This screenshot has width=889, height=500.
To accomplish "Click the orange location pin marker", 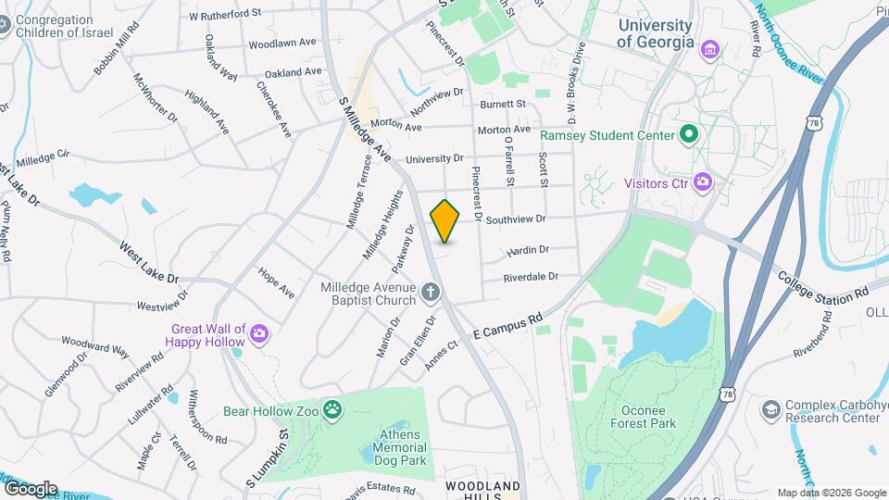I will point(445,219).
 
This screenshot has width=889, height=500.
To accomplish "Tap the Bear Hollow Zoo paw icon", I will point(332,408).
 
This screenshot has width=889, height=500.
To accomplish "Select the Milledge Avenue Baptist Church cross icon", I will point(430,294).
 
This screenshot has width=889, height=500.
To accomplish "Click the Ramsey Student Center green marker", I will point(688,136).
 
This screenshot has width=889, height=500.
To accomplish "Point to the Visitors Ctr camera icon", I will point(703,182).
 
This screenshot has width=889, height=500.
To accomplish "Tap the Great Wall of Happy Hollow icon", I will point(260,334).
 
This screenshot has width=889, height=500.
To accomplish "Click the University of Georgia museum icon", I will point(710,48).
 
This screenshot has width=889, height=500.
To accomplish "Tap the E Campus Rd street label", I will point(507,326).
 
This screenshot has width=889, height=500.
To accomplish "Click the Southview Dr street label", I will point(516,219).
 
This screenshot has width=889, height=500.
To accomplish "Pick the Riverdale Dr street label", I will point(531,277).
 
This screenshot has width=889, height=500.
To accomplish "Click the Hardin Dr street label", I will point(528,250).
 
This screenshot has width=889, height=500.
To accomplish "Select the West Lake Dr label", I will point(148,262).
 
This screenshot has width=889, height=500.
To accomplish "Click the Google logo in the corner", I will point(31,488).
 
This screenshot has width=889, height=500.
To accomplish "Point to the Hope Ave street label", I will point(276,282).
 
